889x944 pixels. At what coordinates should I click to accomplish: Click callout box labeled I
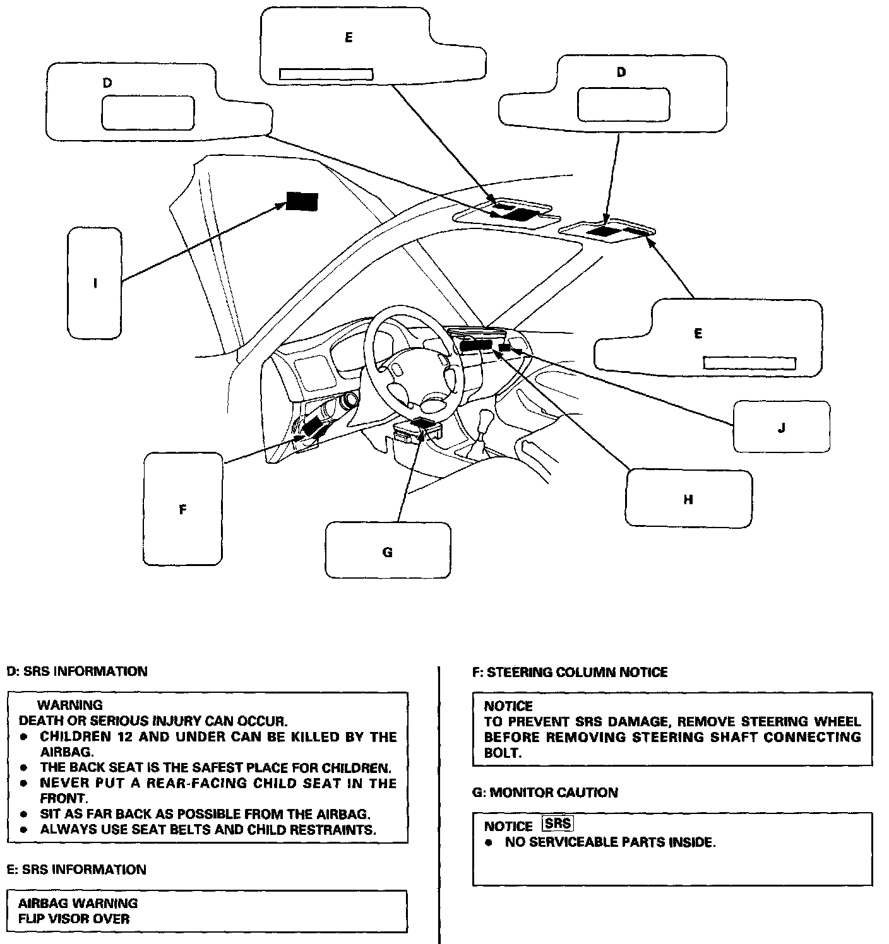click(x=95, y=283)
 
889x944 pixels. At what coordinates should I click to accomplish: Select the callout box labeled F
click(x=183, y=509)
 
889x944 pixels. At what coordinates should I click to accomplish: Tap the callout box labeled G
click(x=388, y=550)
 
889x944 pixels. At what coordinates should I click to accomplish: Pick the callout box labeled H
click(x=688, y=498)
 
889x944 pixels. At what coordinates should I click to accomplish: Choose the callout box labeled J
click(x=781, y=427)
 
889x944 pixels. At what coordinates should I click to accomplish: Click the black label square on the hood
click(x=302, y=201)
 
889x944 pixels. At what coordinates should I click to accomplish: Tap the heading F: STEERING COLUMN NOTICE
click(x=570, y=672)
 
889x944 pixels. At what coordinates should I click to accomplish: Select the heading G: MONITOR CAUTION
click(x=545, y=792)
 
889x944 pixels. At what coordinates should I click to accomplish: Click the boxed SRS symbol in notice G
click(x=558, y=823)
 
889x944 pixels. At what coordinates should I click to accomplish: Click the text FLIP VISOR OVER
click(x=74, y=918)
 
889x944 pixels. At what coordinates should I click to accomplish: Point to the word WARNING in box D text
click(x=69, y=705)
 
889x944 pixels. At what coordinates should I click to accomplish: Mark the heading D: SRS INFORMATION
click(x=76, y=671)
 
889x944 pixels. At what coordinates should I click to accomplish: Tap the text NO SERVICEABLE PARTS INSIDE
click(x=610, y=842)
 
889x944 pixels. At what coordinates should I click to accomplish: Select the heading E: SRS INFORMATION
click(x=76, y=870)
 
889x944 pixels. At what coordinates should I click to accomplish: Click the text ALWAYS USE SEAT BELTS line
click(x=208, y=829)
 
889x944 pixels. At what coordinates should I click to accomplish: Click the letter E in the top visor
click(x=349, y=38)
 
